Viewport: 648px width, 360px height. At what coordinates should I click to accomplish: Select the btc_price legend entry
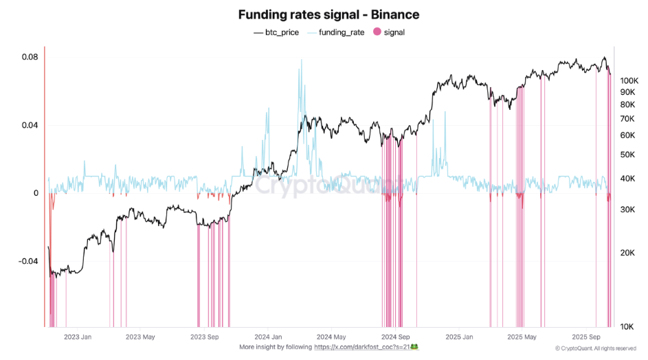click(276, 32)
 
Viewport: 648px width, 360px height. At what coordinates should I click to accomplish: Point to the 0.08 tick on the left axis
click(30, 57)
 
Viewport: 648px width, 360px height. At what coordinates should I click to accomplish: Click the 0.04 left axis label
click(30, 125)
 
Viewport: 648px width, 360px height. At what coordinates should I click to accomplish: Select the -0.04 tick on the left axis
click(28, 262)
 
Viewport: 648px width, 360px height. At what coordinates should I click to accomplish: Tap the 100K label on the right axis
click(629, 80)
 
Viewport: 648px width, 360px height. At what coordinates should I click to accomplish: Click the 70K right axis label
click(627, 118)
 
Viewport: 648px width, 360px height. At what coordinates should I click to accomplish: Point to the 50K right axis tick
click(627, 155)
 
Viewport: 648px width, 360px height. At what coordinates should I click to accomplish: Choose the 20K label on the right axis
click(627, 253)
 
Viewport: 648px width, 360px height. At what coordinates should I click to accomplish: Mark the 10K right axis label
click(627, 327)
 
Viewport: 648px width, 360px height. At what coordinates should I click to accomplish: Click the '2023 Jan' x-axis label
click(77, 337)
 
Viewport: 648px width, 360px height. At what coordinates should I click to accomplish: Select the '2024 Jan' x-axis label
click(267, 337)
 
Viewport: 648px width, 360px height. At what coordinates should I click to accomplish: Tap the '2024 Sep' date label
click(395, 337)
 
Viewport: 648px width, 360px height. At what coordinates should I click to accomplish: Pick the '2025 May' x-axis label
click(522, 337)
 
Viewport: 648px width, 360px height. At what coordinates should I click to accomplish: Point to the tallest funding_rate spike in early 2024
click(300, 60)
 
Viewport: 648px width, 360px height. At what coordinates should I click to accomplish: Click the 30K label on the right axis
click(627, 209)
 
